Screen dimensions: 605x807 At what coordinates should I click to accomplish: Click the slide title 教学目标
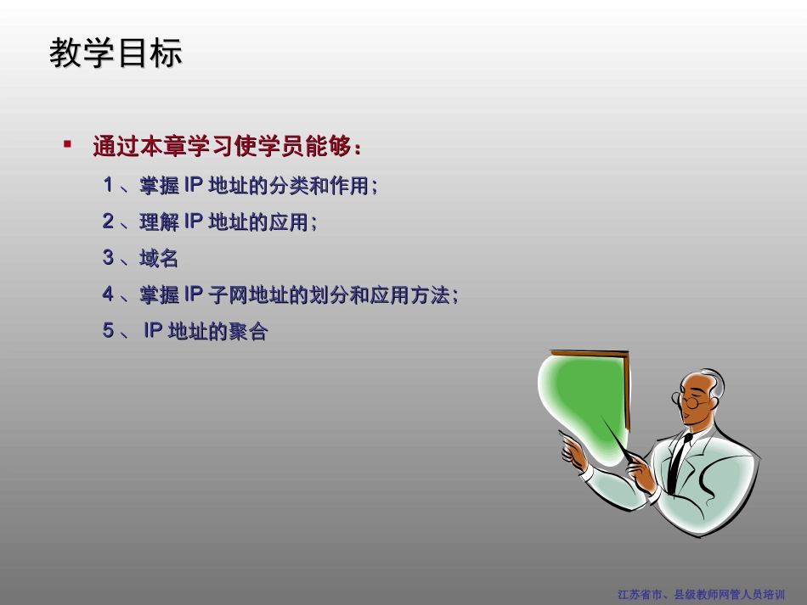(x=116, y=53)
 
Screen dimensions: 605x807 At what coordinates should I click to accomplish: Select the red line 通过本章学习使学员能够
(x=228, y=147)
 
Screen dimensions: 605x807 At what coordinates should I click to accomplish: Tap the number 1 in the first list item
(x=108, y=185)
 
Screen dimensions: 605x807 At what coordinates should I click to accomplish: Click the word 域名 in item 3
(x=159, y=258)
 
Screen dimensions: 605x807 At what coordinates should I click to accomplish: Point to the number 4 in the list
(x=108, y=294)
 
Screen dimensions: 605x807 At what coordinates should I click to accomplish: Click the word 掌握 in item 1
(x=159, y=185)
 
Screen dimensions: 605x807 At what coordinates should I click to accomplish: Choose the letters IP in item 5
(x=153, y=332)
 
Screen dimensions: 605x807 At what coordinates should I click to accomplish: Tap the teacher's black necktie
(x=678, y=462)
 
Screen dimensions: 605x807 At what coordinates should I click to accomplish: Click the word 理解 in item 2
(x=159, y=221)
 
